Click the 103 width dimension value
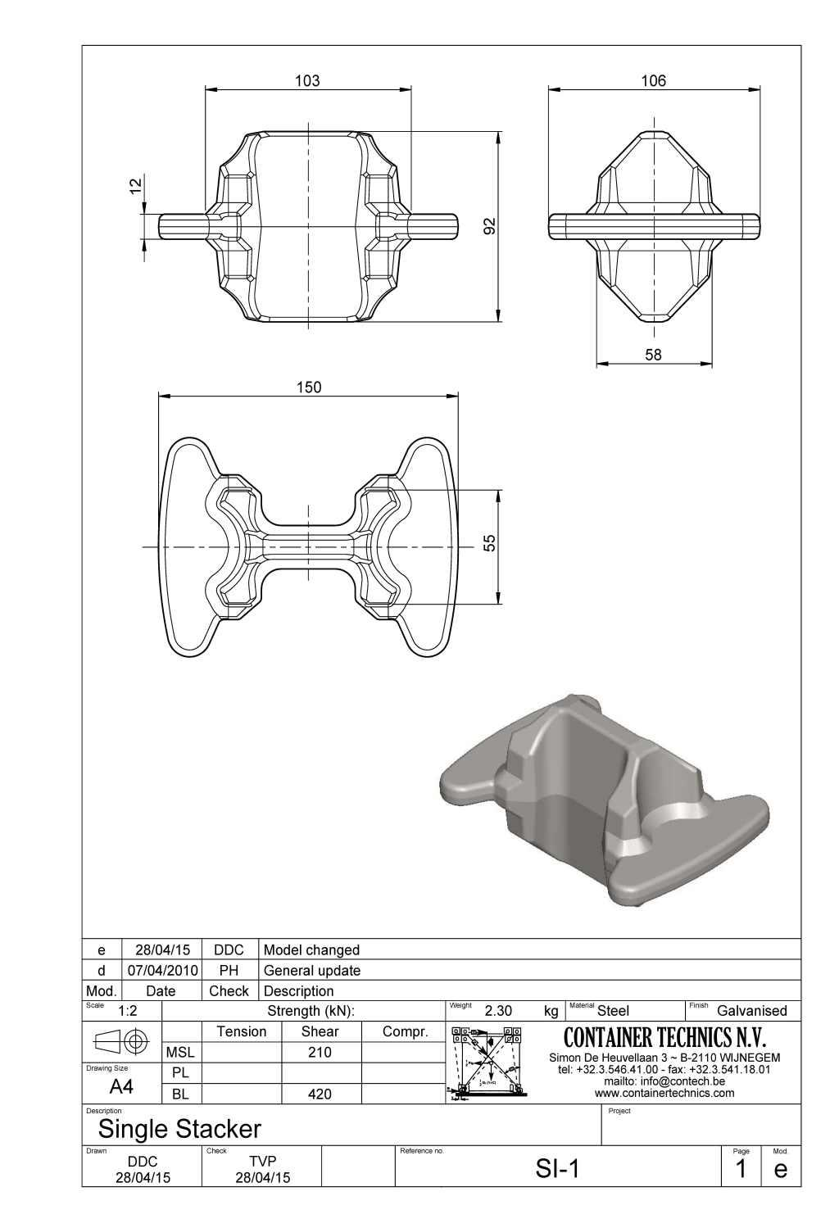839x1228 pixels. click(307, 81)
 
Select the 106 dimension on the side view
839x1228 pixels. click(653, 81)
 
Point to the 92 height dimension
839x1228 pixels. click(490, 226)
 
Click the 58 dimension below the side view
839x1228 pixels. click(653, 355)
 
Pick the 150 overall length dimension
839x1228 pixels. click(308, 387)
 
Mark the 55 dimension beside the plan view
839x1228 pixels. click(490, 544)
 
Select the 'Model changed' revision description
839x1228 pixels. click(311, 949)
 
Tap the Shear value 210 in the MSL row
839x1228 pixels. click(320, 1052)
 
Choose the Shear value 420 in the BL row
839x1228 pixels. click(320, 1094)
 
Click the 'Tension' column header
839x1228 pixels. click(241, 1031)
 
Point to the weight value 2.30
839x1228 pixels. click(498, 1011)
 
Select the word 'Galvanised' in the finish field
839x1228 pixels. click(751, 1011)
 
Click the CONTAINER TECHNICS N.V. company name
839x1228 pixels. click(664, 1038)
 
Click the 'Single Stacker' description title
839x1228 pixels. click(179, 1129)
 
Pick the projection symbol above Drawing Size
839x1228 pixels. click(122, 1041)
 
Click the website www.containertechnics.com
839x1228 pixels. click(664, 1093)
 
